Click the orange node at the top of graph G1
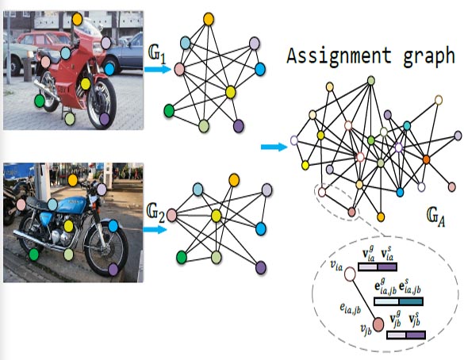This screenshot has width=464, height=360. tap(209, 19)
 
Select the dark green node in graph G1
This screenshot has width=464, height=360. tap(169, 111)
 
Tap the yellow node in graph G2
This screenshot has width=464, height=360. tap(217, 216)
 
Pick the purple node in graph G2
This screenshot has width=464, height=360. tap(261, 267)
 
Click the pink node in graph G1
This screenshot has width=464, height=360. tap(179, 69)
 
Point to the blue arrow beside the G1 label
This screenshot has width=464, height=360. tap(158, 70)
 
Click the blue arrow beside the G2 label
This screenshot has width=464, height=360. tap(155, 229)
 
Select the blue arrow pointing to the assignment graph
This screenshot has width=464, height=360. tap(274, 147)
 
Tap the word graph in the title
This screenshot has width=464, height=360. tap(429, 56)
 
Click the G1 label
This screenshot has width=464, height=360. tap(157, 56)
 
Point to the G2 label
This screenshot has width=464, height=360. tap(155, 214)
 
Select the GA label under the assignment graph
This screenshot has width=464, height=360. tap(436, 216)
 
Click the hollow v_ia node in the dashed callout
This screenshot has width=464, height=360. tap(350, 274)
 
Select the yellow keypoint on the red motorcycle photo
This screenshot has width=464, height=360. tap(85, 84)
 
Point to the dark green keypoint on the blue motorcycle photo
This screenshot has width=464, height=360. tap(34, 255)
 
